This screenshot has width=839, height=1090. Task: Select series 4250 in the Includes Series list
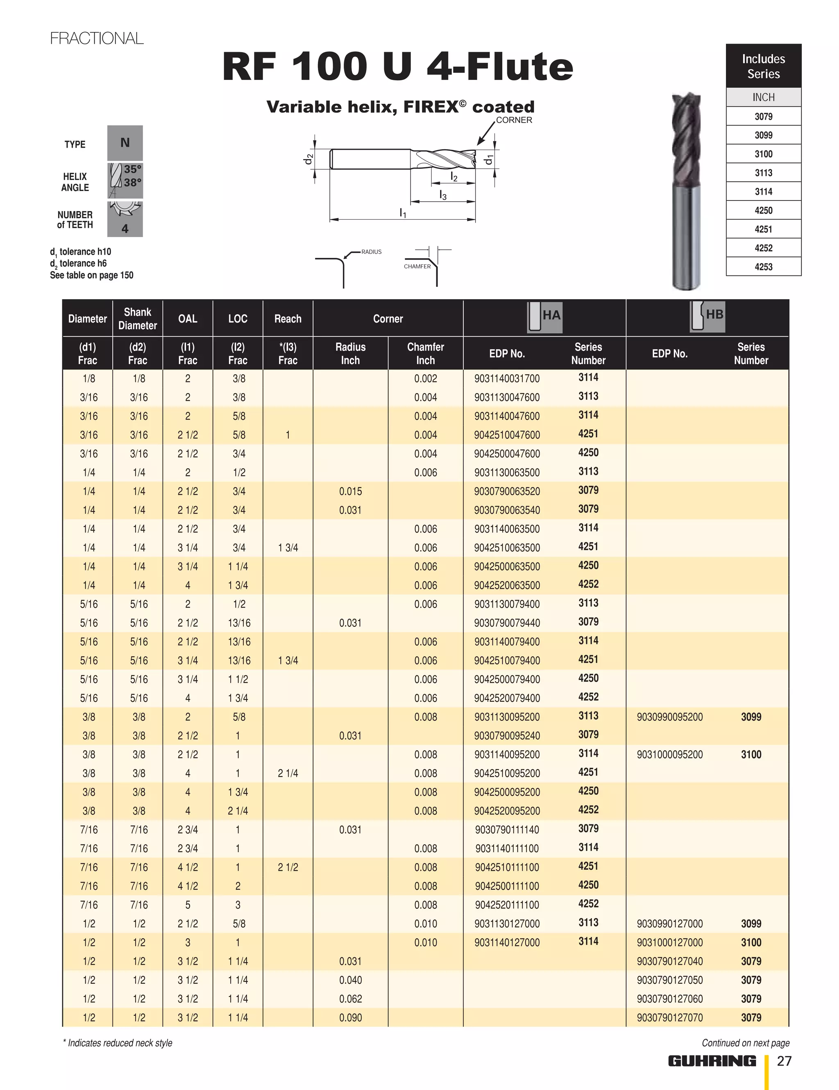(763, 210)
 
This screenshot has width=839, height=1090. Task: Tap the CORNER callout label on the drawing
(514, 120)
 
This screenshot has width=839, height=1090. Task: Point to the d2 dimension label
(309, 159)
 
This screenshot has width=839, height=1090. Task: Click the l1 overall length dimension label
(403, 213)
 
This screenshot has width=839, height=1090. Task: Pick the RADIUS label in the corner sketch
(371, 252)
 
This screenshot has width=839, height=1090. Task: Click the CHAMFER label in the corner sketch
(417, 266)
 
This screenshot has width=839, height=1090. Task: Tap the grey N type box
(125, 143)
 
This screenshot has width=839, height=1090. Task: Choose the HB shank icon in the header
(707, 316)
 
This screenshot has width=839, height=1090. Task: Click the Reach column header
(288, 319)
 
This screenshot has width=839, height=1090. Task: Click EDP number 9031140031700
(507, 378)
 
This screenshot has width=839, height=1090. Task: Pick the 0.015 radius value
(350, 491)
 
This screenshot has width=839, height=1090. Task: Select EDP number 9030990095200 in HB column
(669, 717)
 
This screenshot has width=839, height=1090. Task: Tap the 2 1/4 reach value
(288, 773)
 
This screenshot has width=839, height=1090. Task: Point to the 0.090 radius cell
(350, 1017)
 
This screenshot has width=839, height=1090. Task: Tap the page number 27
(784, 1060)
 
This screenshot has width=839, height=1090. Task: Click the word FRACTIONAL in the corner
(97, 39)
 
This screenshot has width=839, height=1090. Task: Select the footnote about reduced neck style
(118, 1042)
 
